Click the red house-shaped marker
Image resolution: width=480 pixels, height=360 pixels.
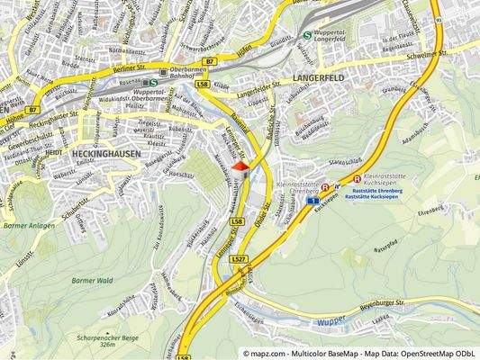pyautogui.click(x=240, y=168)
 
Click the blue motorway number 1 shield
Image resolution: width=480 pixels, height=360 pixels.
pyautogui.click(x=311, y=202)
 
